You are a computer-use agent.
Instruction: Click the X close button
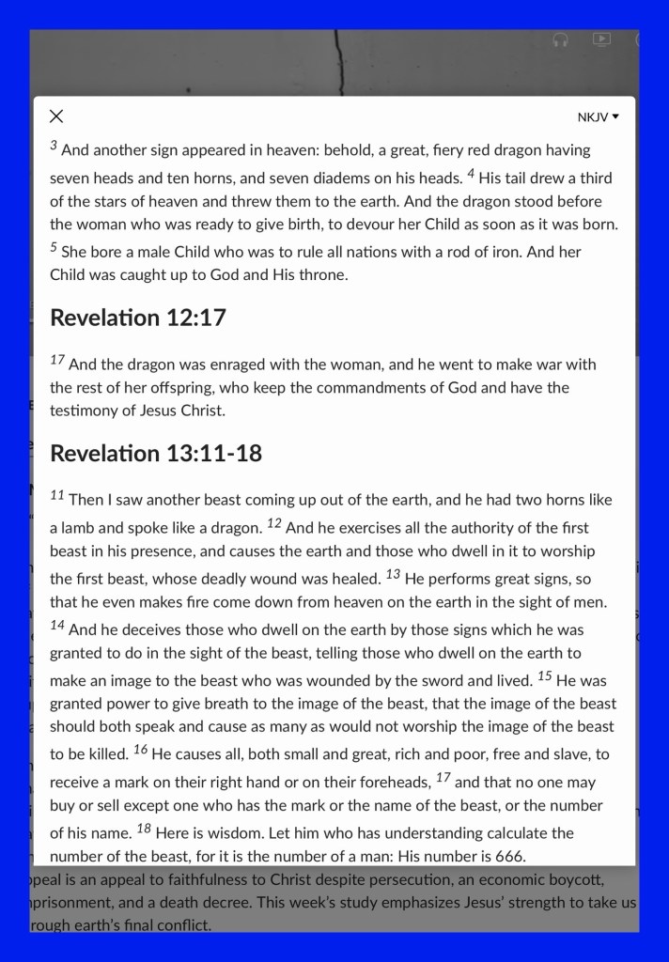click(x=56, y=116)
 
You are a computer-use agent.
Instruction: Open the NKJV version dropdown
click(x=599, y=117)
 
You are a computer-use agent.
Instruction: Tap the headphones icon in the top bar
click(x=560, y=39)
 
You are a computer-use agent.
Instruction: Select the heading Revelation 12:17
click(x=138, y=318)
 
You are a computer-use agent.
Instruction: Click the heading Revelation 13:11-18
click(x=156, y=454)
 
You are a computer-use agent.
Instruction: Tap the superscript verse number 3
click(x=54, y=146)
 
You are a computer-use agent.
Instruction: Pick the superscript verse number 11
click(x=57, y=495)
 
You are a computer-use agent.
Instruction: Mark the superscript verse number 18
click(x=144, y=829)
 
